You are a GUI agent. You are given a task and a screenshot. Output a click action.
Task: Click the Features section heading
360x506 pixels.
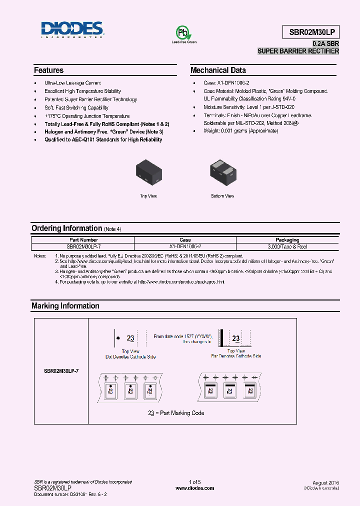click(48, 70)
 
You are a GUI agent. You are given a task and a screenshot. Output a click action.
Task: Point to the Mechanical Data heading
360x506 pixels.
click(218, 70)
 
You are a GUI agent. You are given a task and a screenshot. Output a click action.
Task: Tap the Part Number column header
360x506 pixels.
click(83, 240)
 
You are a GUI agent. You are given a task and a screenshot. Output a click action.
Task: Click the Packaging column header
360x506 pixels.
click(287, 240)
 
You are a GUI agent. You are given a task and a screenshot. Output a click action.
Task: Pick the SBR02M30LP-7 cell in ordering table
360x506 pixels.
click(83, 246)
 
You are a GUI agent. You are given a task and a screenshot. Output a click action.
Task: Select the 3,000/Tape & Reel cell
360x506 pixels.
click(287, 246)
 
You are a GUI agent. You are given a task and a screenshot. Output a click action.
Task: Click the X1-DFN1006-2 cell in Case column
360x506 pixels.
click(185, 246)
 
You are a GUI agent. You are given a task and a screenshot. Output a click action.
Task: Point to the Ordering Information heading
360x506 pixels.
click(66, 228)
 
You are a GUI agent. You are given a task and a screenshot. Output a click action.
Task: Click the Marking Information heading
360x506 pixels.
click(65, 306)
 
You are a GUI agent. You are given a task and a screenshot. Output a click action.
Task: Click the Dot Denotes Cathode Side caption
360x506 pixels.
click(130, 356)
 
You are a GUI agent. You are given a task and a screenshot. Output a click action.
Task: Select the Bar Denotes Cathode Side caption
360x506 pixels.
click(236, 356)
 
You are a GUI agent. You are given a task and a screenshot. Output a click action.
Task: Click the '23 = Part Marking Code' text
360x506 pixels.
click(176, 413)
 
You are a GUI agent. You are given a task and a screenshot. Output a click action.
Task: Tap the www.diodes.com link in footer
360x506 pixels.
click(194, 488)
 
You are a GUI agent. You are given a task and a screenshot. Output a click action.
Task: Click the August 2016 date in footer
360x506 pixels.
click(326, 482)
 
